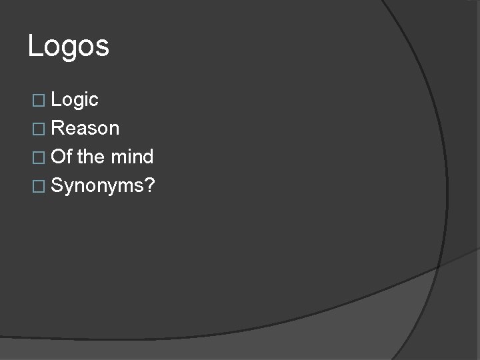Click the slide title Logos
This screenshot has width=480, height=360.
click(69, 47)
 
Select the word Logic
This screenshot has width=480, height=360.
click(75, 100)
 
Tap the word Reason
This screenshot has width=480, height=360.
click(85, 128)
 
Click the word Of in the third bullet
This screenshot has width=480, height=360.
click(61, 157)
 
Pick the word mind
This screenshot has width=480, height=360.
click(132, 157)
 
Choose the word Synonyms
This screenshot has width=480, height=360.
click(99, 186)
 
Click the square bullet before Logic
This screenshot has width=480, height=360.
click(39, 101)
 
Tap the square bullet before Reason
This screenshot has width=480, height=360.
click(39, 129)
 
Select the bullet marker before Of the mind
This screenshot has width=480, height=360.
click(39, 157)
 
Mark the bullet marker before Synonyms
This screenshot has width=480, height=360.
click(39, 186)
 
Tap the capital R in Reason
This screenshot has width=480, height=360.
click(57, 128)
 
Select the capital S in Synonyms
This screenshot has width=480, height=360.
click(57, 185)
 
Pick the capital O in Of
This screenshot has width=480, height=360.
click(58, 157)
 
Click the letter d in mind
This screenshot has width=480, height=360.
click(148, 157)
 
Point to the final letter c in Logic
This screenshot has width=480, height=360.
click(94, 101)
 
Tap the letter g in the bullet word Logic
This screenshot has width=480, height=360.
click(79, 102)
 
